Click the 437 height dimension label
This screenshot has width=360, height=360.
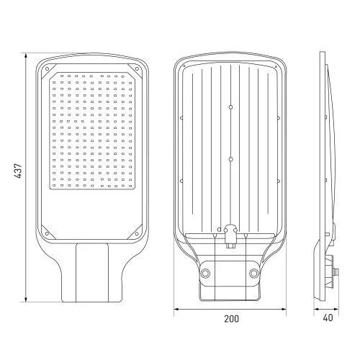18,171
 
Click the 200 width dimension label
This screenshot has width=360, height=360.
231,319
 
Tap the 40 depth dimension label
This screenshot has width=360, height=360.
328,318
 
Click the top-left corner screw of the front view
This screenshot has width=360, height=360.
48,69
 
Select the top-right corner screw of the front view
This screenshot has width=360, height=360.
137,69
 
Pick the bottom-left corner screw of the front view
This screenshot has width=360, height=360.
47,233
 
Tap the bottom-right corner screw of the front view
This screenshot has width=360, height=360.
137,233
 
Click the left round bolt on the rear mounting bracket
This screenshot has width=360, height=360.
205,273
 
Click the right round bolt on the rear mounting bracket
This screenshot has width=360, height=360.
253,273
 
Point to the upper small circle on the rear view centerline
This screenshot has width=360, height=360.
230,107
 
